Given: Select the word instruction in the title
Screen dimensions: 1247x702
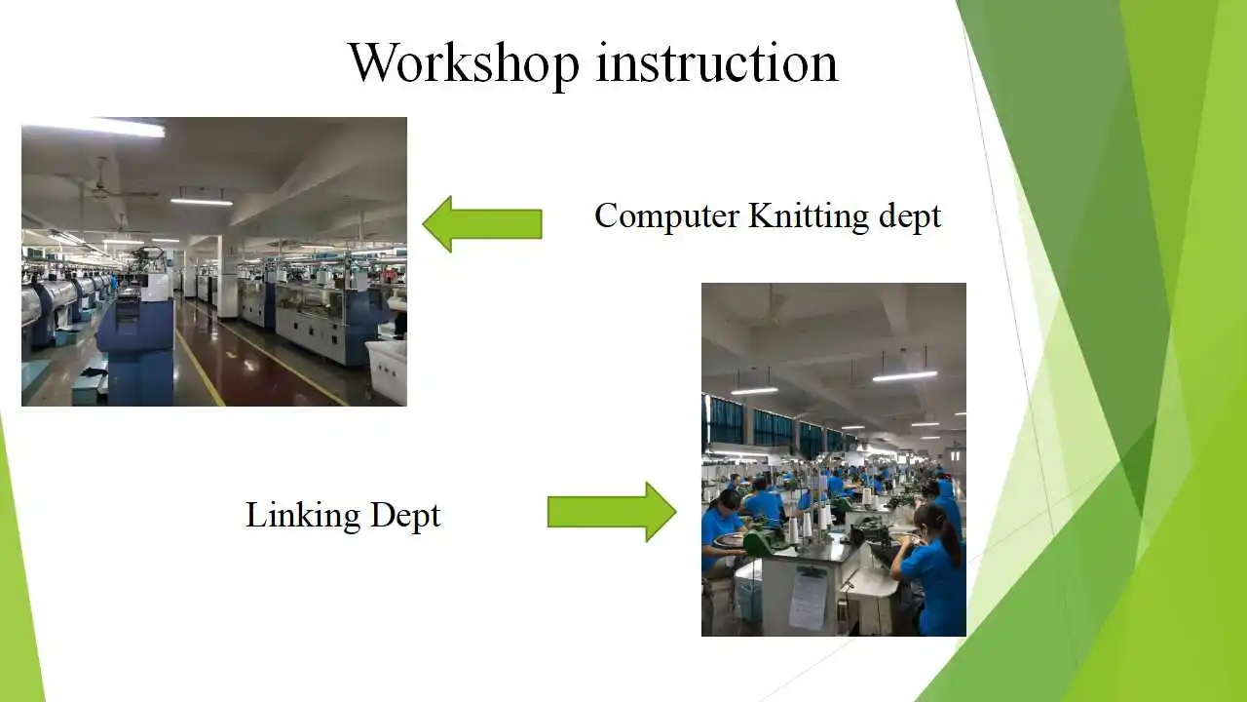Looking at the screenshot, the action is [717, 62].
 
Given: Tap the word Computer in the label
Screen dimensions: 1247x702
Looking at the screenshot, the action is [666, 215].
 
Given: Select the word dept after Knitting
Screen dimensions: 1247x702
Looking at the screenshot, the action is [909, 216].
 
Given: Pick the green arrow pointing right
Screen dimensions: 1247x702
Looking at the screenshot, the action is [612, 512].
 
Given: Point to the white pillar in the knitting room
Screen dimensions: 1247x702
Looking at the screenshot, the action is [226, 283].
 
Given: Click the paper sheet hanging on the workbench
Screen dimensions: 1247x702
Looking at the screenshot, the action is [808, 597].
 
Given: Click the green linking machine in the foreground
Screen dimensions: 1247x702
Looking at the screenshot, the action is [756, 542].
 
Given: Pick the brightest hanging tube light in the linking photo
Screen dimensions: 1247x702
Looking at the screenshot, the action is [904, 375].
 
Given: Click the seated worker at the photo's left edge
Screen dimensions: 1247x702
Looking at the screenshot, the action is [719, 531].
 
